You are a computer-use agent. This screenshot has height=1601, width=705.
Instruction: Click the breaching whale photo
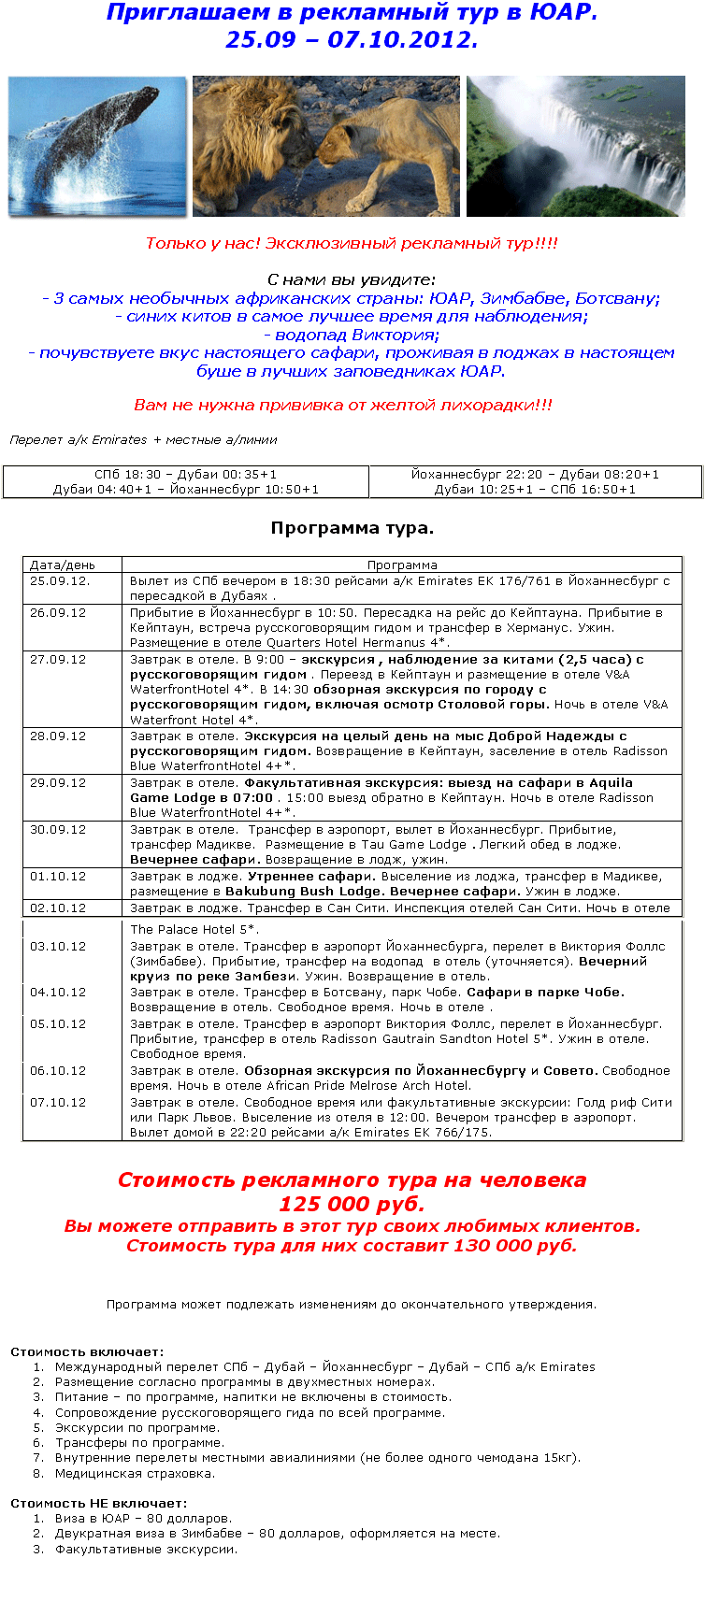97,147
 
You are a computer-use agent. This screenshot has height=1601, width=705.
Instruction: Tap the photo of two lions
326,147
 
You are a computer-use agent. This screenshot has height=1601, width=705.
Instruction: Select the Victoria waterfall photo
576,147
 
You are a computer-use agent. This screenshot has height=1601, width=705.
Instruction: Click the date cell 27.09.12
58,660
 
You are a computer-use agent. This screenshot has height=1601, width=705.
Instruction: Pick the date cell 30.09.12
58,830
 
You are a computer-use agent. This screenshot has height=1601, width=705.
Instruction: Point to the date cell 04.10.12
58,993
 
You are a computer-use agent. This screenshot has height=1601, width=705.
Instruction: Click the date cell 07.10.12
58,1103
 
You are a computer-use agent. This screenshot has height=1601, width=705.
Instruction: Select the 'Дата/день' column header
63,565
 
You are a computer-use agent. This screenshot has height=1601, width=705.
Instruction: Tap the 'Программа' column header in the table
402,565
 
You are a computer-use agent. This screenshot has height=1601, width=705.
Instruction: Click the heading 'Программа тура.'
352,528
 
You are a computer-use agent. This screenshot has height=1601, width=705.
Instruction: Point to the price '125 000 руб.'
352,1204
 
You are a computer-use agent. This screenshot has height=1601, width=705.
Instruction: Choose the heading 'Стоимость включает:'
87,1351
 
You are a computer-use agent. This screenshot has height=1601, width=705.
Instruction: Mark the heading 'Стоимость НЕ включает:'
98,1503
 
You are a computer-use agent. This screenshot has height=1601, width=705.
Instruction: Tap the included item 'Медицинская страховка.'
135,1474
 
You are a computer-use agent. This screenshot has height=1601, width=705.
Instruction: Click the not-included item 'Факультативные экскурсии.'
146,1549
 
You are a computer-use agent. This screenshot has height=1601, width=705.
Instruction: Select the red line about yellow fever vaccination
343,405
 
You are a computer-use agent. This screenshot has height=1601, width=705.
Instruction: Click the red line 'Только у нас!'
352,243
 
